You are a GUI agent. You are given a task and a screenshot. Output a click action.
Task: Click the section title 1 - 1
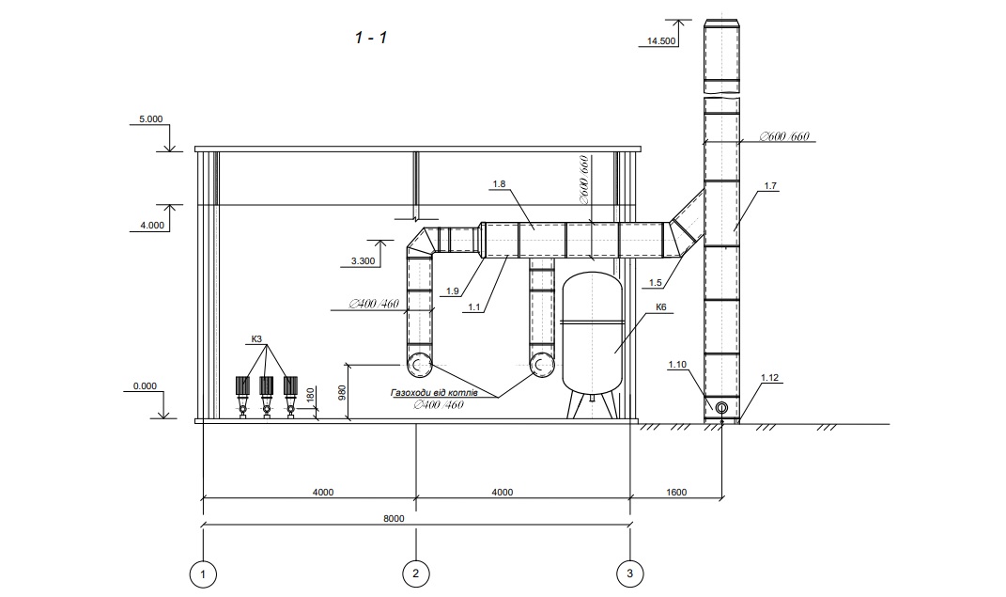coord(371,38)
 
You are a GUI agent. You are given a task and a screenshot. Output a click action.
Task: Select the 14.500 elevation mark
coord(661,41)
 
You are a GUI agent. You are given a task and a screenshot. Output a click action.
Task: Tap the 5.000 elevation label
coord(151,118)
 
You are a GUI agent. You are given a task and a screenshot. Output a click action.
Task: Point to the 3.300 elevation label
coord(364,261)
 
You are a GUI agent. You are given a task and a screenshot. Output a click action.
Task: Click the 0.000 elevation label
coord(145,385)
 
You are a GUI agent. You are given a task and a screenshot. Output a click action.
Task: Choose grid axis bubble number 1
coord(204,573)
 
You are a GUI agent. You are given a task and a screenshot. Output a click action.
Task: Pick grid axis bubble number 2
coord(416,573)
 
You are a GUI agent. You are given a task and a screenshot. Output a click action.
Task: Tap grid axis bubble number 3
coord(629,573)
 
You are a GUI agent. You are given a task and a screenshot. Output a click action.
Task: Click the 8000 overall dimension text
coord(394,518)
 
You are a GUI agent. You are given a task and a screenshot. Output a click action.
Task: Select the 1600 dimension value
coord(676,493)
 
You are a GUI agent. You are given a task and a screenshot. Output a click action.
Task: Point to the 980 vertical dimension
coord(342,392)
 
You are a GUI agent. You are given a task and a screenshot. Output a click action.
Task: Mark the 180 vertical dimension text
coord(311,396)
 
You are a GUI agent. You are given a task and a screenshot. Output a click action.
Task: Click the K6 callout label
coord(661,307)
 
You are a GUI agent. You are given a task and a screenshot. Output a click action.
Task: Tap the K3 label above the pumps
coord(256,338)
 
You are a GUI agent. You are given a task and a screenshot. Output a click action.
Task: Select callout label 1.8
coord(499,184)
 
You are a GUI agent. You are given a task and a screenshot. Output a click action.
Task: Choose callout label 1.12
coord(769,377)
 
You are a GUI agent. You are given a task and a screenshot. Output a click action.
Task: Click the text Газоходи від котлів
coord(434,392)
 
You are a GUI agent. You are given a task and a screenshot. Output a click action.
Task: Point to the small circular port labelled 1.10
coord(721,408)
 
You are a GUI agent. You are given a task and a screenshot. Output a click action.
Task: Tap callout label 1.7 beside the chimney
coord(770,186)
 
